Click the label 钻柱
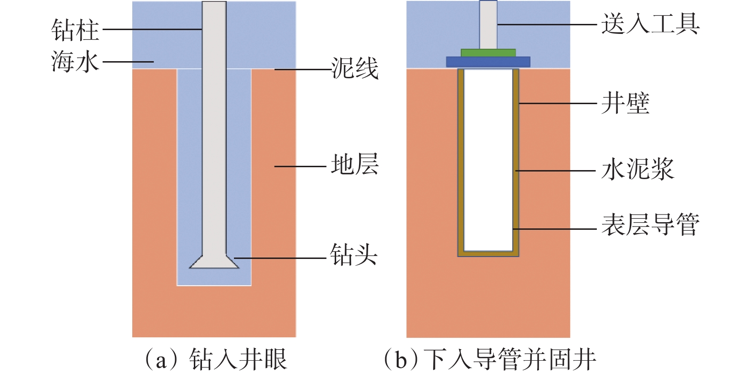click(75, 30)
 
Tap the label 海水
click(75, 62)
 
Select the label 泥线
click(355, 68)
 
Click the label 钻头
click(354, 255)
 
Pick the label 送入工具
click(650, 24)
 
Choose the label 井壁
click(625, 103)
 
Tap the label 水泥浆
click(637, 170)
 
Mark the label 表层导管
click(650, 225)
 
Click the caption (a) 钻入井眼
click(216, 360)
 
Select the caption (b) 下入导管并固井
click(490, 360)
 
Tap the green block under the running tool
click(488, 53)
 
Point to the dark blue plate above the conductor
click(488, 62)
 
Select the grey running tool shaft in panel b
click(488, 24)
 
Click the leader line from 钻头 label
click(279, 258)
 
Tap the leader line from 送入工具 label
click(547, 24)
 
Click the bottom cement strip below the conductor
click(488, 254)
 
